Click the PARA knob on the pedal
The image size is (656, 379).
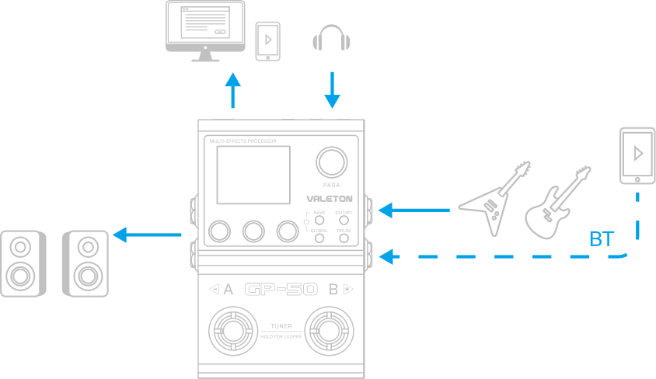coord(331,162)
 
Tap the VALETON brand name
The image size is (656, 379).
coord(330,199)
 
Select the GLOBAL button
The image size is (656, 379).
coord(319,238)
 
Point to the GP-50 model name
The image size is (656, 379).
coord(281,290)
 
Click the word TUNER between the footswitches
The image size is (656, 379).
coord(281,325)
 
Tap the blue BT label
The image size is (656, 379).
coord(601,239)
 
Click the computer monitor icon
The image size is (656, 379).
coord(205,29)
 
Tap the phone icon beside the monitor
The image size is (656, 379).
coord(268,40)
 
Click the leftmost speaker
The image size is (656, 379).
coord(23,263)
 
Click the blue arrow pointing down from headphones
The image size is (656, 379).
coord(332,90)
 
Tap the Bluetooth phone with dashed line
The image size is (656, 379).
coord(637,156)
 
